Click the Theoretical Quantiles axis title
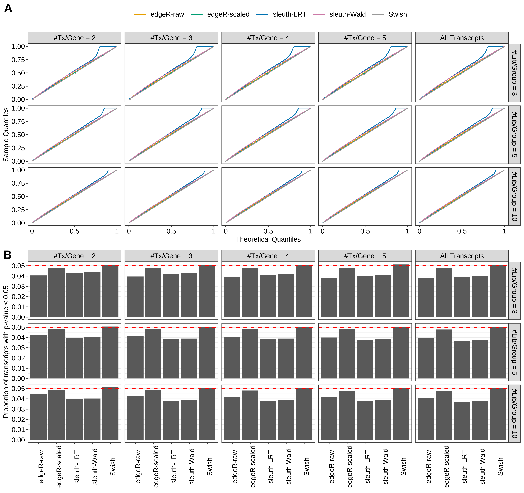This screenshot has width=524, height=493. click(x=268, y=239)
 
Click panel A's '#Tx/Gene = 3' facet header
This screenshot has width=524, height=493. click(x=171, y=38)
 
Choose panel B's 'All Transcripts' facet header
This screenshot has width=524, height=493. click(x=462, y=256)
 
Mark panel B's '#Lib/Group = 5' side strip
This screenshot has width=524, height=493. click(x=514, y=352)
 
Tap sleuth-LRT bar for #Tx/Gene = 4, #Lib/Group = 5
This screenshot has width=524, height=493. click(x=268, y=359)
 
